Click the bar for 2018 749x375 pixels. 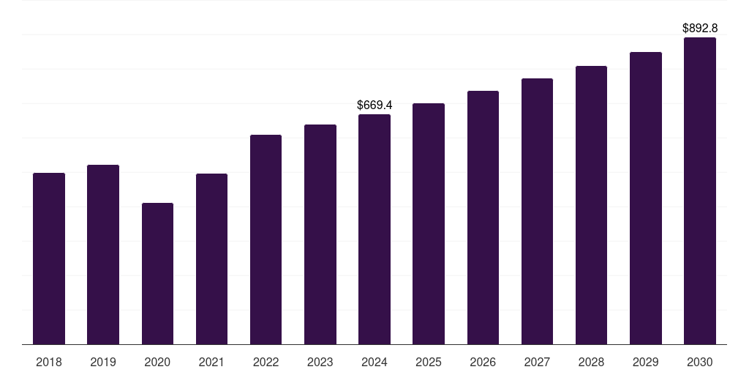coord(49,259)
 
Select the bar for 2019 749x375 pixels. coord(103,254)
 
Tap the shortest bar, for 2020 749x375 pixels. coord(157,273)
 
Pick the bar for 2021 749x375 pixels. coord(211,259)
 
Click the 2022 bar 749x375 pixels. coord(266,240)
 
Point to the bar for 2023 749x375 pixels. coord(320,234)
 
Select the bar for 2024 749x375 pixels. coord(374,229)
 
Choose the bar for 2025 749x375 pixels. coord(429,223)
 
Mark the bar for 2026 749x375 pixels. coord(483,218)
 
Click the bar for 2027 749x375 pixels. coord(537,211)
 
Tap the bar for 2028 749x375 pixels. coord(591,205)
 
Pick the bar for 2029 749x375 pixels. coord(646,198)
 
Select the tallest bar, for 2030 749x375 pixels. coord(700,190)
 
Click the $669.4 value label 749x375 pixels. coord(374,105)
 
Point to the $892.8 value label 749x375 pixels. coord(700,29)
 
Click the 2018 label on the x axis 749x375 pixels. coord(49,362)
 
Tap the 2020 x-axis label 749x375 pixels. coord(157,362)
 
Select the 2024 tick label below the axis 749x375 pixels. coord(374,362)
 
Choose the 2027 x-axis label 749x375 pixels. coord(537,362)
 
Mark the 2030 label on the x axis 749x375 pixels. coord(700,362)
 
